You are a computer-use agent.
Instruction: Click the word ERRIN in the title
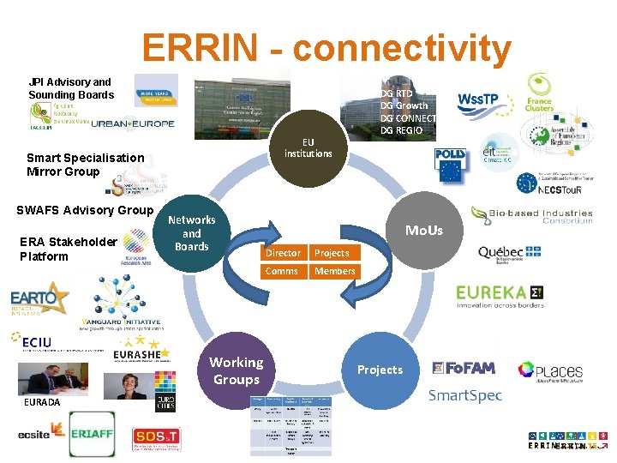coord(201,48)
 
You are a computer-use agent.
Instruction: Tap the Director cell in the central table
coord(283,253)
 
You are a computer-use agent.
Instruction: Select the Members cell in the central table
coord(334,271)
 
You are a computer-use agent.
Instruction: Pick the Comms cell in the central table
coord(282,271)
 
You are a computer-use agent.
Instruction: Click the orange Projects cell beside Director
coord(332,253)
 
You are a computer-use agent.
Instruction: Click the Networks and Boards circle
coord(192,233)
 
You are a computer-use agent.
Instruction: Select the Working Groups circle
coord(237,370)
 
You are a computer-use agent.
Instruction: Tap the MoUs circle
coord(424,230)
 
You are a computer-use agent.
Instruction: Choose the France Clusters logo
coord(539,94)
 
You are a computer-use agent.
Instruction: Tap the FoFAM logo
coord(464,368)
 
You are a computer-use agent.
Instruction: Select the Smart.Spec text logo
coord(464,395)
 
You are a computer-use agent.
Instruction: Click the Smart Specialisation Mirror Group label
coord(85,164)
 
